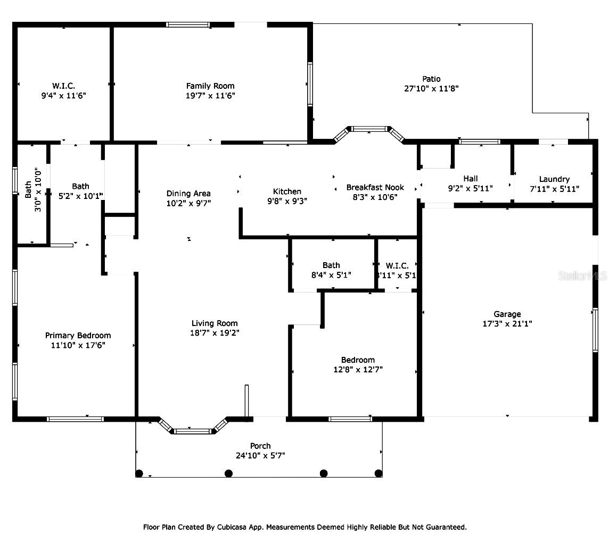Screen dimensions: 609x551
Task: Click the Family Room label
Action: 210,86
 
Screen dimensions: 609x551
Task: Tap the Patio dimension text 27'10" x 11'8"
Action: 431,88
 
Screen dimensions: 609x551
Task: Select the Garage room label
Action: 507,314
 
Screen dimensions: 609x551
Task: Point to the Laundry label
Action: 554,179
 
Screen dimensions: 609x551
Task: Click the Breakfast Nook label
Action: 375,187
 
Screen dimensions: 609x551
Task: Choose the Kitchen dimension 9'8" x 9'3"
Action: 287,201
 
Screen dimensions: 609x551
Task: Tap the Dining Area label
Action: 188,193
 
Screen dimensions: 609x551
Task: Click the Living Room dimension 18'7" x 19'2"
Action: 215,332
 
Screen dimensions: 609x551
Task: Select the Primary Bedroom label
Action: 78,336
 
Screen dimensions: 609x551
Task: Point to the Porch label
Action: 260,446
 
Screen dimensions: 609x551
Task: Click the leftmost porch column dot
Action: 139,473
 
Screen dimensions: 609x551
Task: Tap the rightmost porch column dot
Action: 378,473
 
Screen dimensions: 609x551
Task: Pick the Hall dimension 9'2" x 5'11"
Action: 471,189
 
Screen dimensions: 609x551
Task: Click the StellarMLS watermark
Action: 582,276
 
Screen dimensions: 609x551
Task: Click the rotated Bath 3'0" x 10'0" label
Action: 33,190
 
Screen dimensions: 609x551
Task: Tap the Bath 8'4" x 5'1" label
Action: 331,270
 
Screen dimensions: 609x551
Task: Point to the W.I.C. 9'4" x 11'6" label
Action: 64,90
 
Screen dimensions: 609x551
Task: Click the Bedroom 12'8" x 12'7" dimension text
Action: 358,370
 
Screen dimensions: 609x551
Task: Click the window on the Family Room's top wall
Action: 188,25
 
